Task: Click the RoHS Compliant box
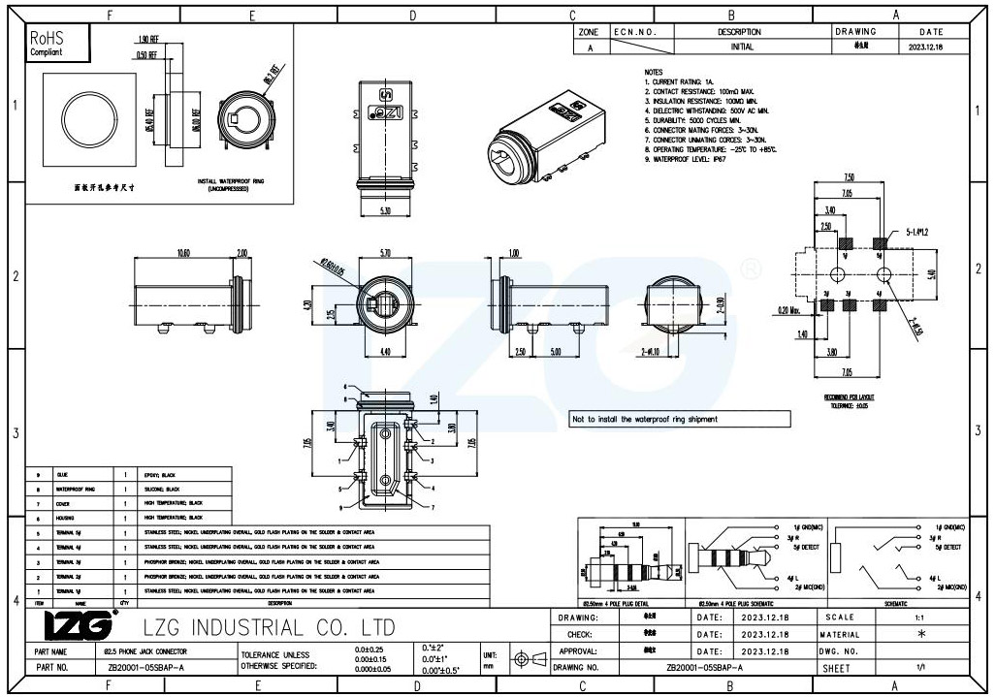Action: (56, 44)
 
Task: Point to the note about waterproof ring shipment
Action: (645, 420)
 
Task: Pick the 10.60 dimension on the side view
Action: (183, 252)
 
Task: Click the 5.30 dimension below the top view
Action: (385, 208)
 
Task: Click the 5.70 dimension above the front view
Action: (385, 252)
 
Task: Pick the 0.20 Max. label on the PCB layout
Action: (788, 310)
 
